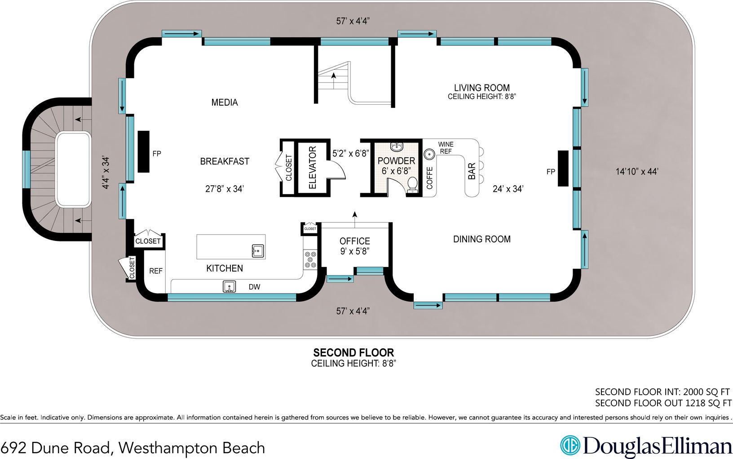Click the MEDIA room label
click(225, 102)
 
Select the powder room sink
click(397, 147)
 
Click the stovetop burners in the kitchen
click(310, 260)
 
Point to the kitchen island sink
click(258, 251)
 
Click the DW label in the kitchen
click(254, 287)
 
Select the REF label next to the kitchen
click(155, 271)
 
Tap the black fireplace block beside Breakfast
click(143, 152)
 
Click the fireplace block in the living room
click(563, 168)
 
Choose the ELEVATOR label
click(313, 168)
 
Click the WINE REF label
click(446, 148)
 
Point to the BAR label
click(472, 171)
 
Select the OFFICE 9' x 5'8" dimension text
click(354, 251)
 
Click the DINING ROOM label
click(481, 239)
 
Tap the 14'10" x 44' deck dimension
click(636, 171)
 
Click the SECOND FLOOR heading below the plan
click(353, 352)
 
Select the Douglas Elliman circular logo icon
click(570, 446)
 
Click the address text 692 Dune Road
click(55, 448)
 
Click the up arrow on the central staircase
click(333, 76)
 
